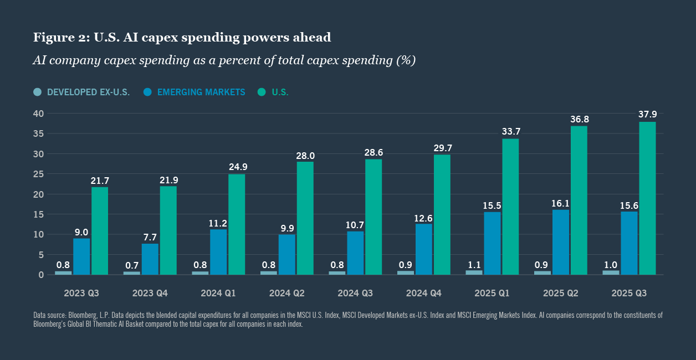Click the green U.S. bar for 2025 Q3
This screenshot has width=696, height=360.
click(x=647, y=198)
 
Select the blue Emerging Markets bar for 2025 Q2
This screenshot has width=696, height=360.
click(x=560, y=242)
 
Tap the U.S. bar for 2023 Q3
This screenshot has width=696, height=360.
click(x=100, y=231)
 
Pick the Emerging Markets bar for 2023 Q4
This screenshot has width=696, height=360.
click(x=150, y=259)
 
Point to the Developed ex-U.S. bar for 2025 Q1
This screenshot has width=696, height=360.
click(x=474, y=272)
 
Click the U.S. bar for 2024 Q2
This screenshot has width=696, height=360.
click(x=305, y=218)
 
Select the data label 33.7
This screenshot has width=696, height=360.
click(x=511, y=132)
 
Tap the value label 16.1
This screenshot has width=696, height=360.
click(x=560, y=203)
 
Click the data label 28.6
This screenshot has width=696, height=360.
click(x=374, y=152)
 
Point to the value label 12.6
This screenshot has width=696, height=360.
click(x=423, y=218)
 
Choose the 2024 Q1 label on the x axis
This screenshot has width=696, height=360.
click(x=218, y=292)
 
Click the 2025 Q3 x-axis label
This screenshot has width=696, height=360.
click(x=629, y=292)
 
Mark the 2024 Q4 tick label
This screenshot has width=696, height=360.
click(x=424, y=292)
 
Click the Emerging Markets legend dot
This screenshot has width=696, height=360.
click(x=147, y=92)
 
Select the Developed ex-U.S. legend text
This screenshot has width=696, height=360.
click(x=88, y=92)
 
